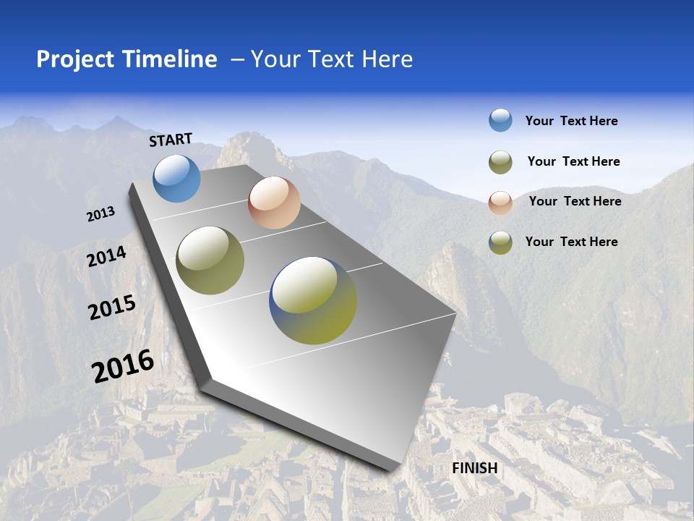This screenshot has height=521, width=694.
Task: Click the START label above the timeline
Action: (x=171, y=140)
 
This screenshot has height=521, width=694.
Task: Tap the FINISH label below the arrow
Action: (x=475, y=468)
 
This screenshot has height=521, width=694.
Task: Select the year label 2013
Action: (x=101, y=214)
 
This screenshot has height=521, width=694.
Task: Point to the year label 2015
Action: (x=112, y=308)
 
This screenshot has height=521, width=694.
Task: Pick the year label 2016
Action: (x=124, y=366)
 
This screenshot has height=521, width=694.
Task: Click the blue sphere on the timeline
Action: (x=176, y=178)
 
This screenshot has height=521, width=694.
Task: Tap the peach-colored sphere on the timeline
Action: (x=274, y=203)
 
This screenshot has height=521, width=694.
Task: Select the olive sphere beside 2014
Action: (x=210, y=260)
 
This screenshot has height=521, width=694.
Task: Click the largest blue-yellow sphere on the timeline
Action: (x=313, y=300)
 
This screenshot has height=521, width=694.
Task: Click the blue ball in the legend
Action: (x=500, y=120)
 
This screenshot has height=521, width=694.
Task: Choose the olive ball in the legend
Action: (x=500, y=162)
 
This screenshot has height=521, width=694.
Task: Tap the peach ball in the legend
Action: (x=500, y=202)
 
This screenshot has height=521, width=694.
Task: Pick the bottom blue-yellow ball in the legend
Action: (x=500, y=242)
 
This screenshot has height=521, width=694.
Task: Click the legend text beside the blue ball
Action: (x=571, y=121)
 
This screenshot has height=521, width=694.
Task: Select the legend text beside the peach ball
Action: (x=575, y=201)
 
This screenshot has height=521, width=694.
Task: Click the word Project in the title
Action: (x=75, y=59)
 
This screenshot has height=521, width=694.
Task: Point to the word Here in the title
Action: (x=387, y=59)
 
